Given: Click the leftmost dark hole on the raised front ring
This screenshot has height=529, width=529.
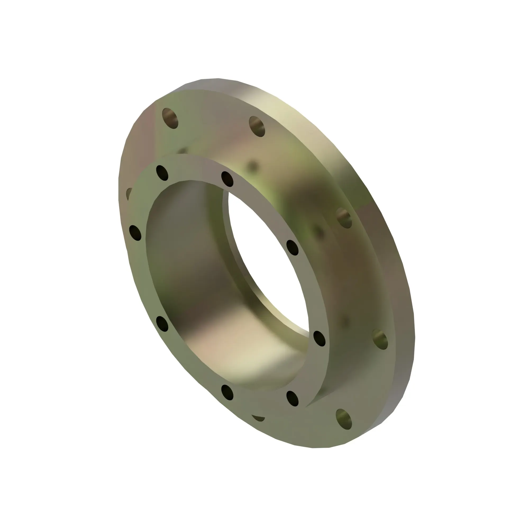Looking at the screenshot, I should pyautogui.click(x=135, y=233).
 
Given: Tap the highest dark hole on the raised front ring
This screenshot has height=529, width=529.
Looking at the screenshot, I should pyautogui.click(x=162, y=173).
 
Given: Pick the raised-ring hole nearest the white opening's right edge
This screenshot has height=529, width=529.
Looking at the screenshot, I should pyautogui.click(x=293, y=248).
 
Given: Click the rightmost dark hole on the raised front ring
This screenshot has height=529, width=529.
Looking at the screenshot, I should pyautogui.click(x=319, y=339).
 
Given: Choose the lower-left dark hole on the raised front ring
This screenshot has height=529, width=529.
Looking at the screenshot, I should pyautogui.click(x=162, y=324).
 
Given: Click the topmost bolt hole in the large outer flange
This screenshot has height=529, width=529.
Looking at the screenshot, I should pyautogui.click(x=170, y=118).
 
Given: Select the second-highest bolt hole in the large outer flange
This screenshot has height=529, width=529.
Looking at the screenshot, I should pyautogui.click(x=257, y=126).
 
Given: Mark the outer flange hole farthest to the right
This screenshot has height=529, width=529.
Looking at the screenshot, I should pyautogui.click(x=380, y=340).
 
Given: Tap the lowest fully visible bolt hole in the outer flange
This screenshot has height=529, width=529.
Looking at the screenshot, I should pyautogui.click(x=344, y=419).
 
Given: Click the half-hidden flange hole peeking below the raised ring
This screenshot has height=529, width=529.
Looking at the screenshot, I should pyautogui.click(x=258, y=418).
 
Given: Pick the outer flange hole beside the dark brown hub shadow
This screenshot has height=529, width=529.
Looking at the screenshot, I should pyautogui.click(x=344, y=218).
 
